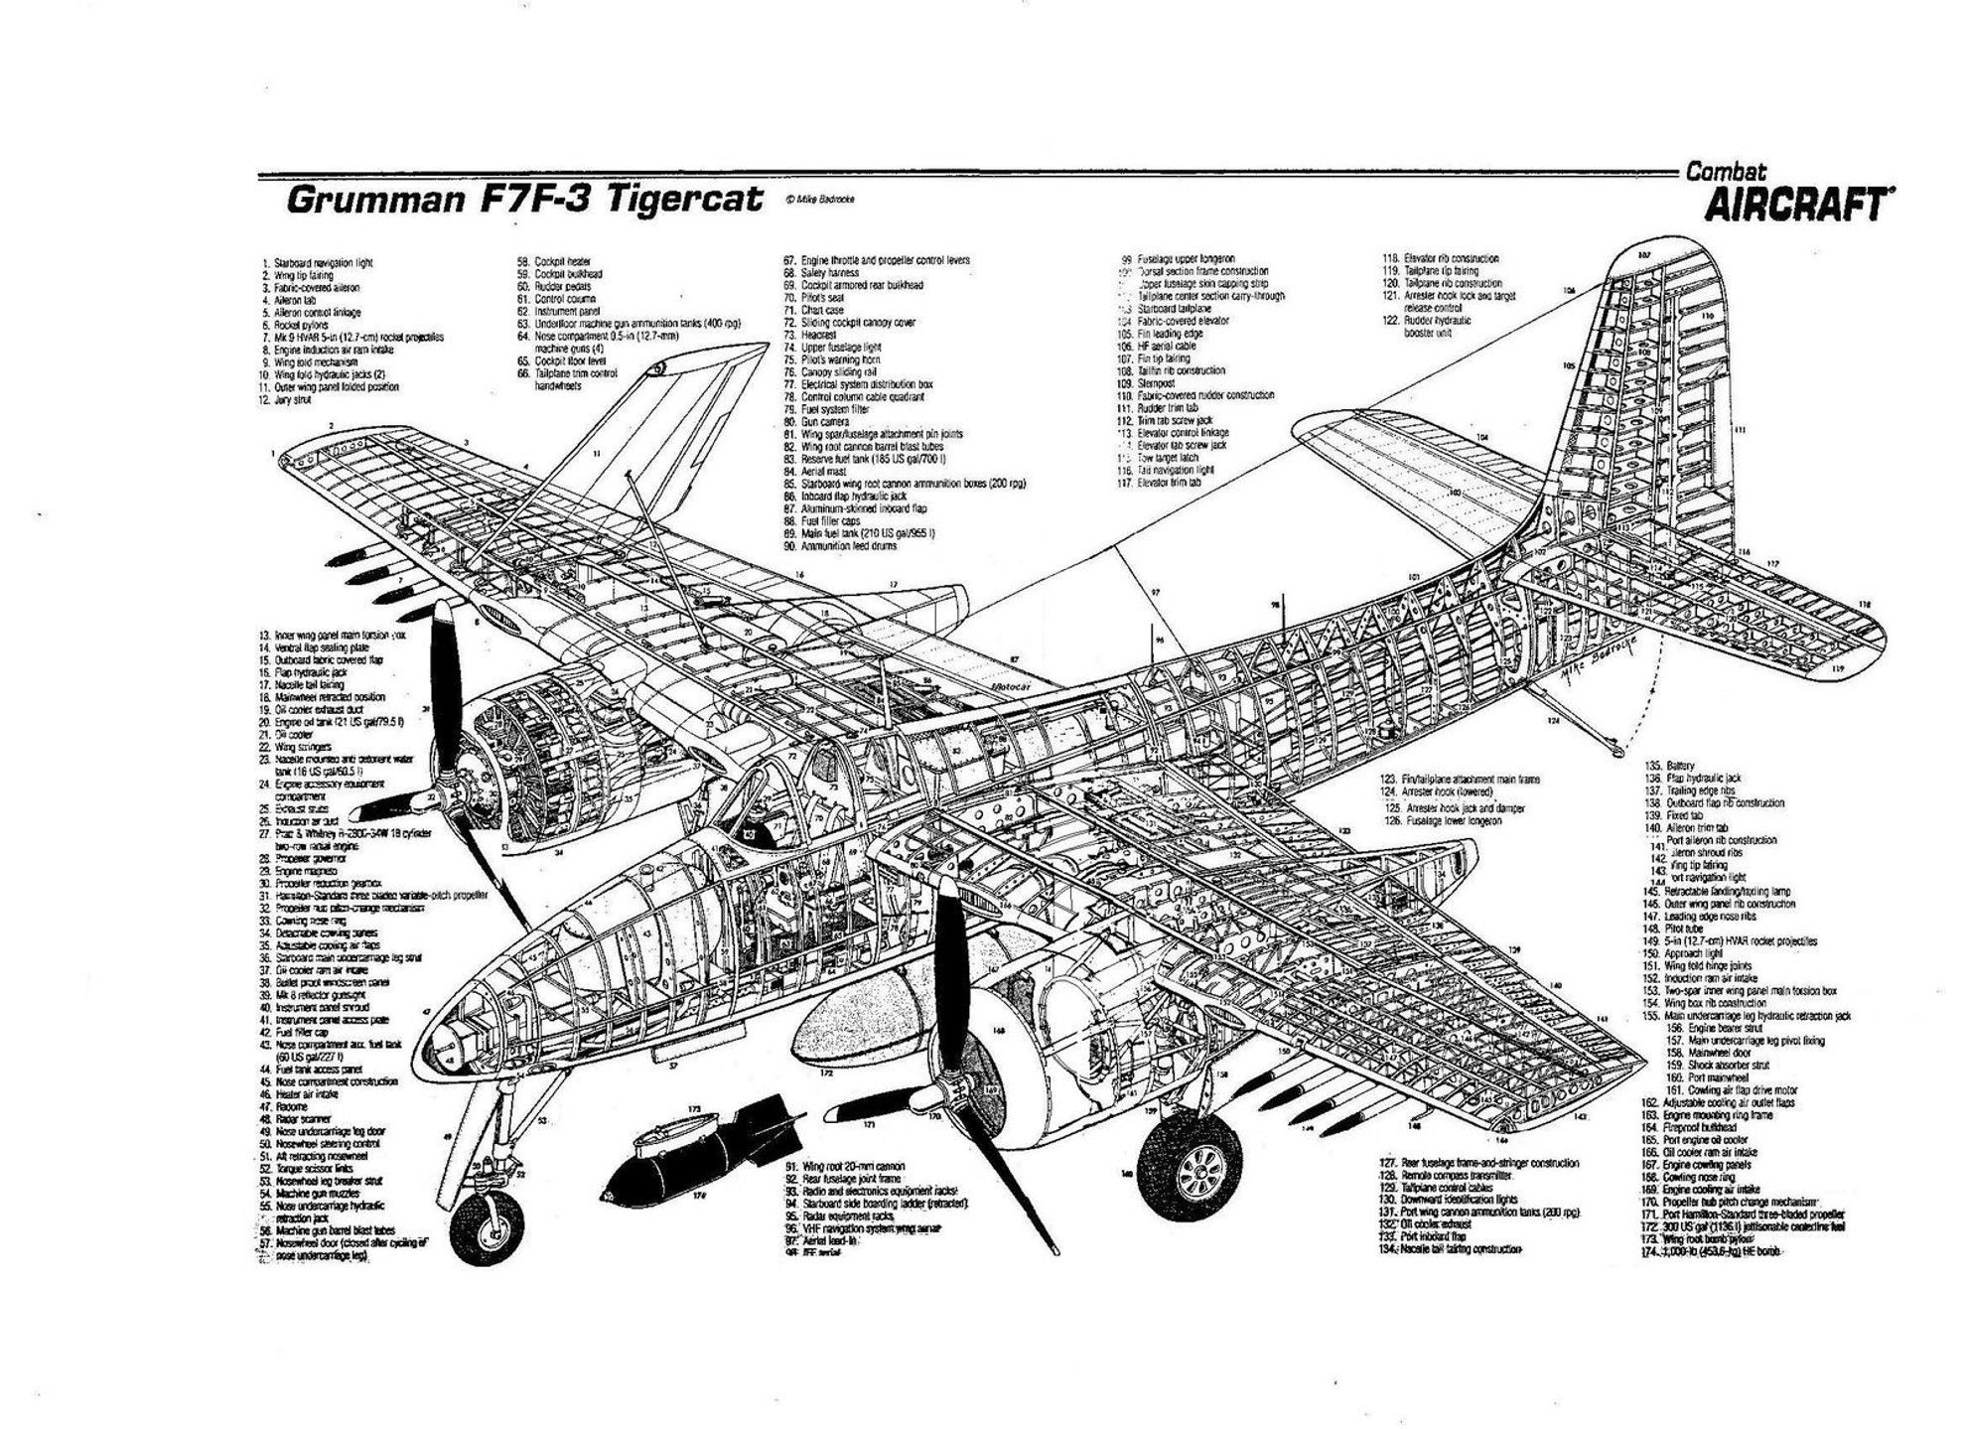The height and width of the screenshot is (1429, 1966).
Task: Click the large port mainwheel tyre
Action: coord(1190,1174)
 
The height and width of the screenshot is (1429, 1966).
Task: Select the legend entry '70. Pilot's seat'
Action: coord(819,298)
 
